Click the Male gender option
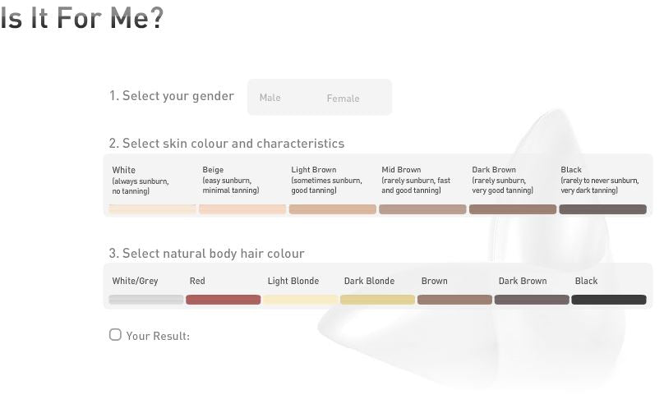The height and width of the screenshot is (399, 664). [x=270, y=98]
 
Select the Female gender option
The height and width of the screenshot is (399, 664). [x=343, y=99]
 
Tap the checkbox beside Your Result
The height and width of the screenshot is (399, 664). [x=115, y=335]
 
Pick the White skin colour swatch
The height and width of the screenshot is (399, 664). [x=152, y=209]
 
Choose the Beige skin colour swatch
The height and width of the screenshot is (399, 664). [x=242, y=209]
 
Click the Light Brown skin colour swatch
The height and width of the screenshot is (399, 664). [x=333, y=209]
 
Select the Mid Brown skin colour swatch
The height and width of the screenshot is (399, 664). [x=422, y=209]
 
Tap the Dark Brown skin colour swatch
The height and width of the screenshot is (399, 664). [x=513, y=209]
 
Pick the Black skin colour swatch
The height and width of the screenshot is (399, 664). [x=603, y=209]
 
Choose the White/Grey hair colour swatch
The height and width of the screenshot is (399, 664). [x=146, y=300]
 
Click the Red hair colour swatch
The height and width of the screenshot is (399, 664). [x=224, y=300]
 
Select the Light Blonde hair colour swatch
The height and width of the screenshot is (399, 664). [x=300, y=300]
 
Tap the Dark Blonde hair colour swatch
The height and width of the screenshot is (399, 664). [x=378, y=300]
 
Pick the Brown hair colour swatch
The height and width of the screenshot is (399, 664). [x=454, y=300]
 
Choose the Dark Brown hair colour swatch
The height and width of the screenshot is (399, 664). [x=532, y=300]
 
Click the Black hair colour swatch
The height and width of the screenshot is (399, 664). [x=609, y=300]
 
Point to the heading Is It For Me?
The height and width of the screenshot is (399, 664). [x=81, y=18]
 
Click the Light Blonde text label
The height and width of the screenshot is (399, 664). [x=293, y=281]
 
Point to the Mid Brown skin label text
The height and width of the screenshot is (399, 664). [x=401, y=170]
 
